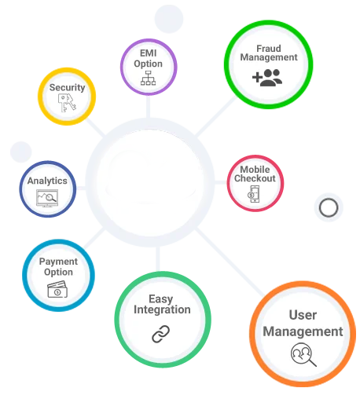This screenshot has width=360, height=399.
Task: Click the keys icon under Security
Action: tap(67, 103)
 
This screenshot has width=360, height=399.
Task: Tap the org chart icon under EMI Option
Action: tap(148, 78)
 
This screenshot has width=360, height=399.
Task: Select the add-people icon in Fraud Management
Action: tap(267, 78)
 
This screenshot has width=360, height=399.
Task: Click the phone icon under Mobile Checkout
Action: tap(254, 194)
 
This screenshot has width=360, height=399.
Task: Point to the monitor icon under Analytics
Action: tap(47, 198)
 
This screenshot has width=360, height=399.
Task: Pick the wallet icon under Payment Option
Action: tap(57, 289)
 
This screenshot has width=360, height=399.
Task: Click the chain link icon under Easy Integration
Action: tap(161, 334)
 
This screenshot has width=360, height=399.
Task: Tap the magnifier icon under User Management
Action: tap(303, 355)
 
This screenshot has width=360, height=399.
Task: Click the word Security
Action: tap(68, 88)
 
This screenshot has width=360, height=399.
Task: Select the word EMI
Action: tap(149, 53)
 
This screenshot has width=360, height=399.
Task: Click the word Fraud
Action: tap(269, 49)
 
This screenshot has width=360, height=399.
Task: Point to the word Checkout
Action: tap(255, 178)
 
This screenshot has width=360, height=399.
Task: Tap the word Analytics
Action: tap(47, 181)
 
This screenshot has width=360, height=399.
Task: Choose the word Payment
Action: tap(58, 262)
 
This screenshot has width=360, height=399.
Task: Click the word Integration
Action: tap(162, 309)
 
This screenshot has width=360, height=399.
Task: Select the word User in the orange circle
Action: tap(303, 315)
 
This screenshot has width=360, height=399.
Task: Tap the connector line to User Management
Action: tap(230, 262)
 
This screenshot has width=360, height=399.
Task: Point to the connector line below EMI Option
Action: tap(148, 106)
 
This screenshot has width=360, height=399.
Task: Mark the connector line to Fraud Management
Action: tap(216, 116)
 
